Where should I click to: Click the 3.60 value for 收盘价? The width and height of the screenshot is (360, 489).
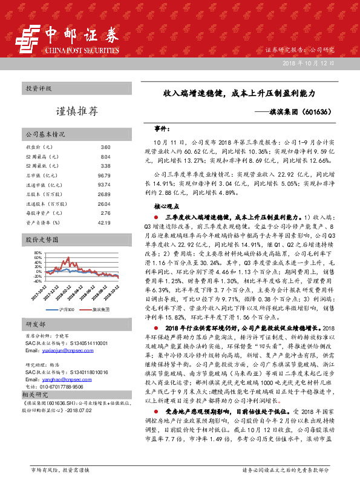point(105,147)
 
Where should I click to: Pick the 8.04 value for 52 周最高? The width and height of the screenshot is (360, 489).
point(105,156)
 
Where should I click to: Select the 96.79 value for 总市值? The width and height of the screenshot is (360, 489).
point(104,175)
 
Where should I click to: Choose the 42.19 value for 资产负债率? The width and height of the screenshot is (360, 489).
point(104,222)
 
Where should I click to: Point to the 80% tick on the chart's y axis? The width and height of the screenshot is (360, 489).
point(38,252)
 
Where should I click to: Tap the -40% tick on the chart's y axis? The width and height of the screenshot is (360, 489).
point(37,281)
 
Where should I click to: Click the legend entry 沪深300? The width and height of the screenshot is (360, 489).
point(67,309)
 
